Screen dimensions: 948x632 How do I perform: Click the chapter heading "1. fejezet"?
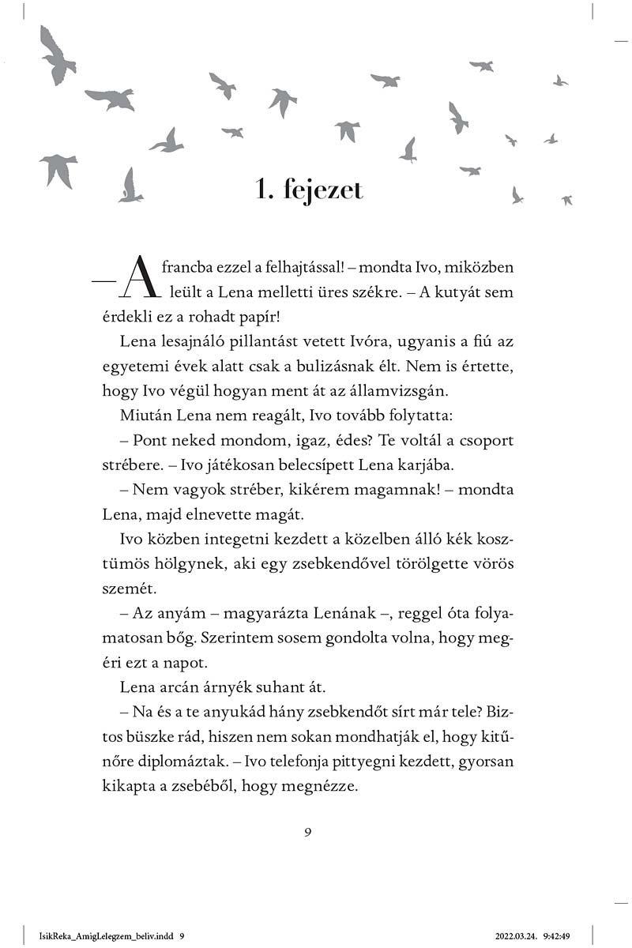[314, 190]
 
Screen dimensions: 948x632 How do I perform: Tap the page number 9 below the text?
[308, 831]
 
